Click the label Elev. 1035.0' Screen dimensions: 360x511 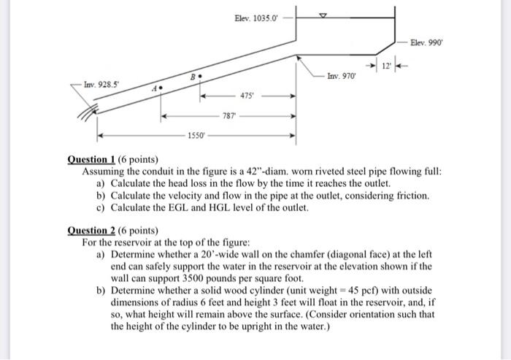(255, 18)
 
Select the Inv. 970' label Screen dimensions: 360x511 (342, 75)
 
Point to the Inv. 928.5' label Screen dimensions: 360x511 (100, 85)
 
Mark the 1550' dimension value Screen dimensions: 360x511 (196, 136)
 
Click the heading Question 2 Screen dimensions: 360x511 (96, 231)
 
